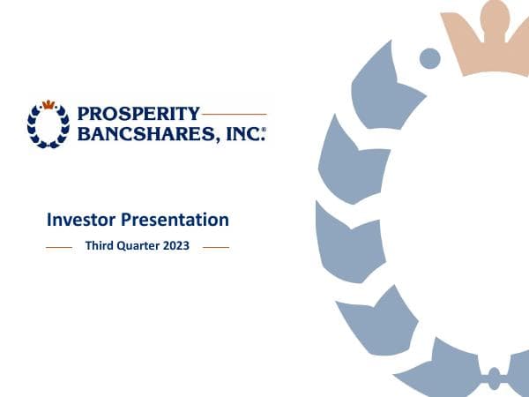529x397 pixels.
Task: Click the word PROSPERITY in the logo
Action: [x=139, y=114]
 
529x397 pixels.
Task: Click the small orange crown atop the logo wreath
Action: [x=48, y=104]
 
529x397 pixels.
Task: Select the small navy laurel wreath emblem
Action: [x=48, y=125]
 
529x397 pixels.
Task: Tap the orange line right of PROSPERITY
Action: [x=234, y=114]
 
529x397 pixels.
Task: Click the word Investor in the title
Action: [x=79, y=220]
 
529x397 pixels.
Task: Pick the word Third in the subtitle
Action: [x=100, y=247]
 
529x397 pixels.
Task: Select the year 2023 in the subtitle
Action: [x=177, y=247]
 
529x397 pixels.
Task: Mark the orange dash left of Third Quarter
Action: [x=58, y=248]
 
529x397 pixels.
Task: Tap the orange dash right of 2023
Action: [x=216, y=248]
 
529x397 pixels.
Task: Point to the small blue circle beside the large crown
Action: [x=429, y=58]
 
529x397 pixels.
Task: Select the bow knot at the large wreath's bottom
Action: [x=495, y=378]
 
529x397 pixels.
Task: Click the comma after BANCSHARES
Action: [x=222, y=138]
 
